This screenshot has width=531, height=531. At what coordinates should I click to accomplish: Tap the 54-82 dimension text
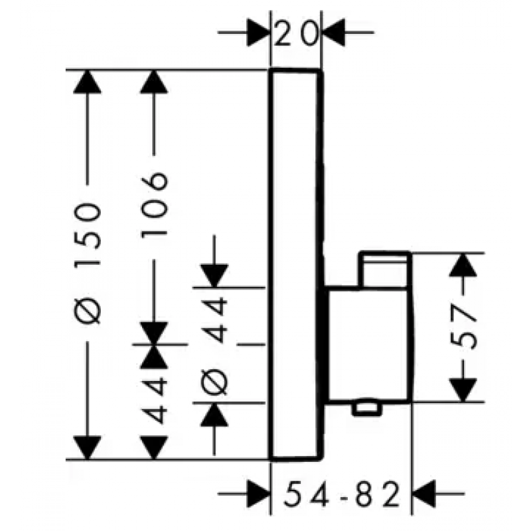pos(342,494)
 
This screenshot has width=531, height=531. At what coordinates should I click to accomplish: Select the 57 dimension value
pos(463,327)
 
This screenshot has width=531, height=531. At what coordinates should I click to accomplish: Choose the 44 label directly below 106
pos(154,402)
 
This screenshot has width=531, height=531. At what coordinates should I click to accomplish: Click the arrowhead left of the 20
pos(259,33)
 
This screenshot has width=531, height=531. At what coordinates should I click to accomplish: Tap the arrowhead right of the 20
pos(333,33)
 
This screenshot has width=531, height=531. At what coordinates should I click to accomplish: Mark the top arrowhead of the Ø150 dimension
pos(88,82)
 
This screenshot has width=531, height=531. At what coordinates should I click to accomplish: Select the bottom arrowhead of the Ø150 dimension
pos(88,447)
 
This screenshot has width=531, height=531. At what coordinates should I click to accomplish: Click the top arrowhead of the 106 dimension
pos(154,82)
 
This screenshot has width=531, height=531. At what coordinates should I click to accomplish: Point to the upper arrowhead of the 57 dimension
pos(463,265)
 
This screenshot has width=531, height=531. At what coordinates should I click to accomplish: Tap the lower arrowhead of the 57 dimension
pos(463,390)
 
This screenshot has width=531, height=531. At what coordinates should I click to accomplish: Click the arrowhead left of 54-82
pos(259,494)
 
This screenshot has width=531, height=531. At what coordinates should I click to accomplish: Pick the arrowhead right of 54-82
pos(423,494)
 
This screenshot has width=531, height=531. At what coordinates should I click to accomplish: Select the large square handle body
pos(368,344)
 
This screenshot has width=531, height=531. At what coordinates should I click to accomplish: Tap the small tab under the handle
pos(367,409)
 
